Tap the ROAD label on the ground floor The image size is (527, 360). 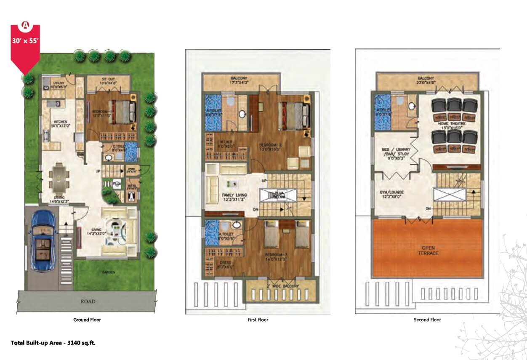pos(88,301)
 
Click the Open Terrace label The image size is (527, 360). pos(428,251)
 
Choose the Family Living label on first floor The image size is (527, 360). pos(234,197)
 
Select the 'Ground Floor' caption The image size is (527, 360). pos(87,320)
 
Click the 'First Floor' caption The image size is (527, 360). pos(258,320)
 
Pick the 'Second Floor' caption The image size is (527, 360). pos(427,320)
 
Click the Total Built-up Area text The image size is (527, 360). pos(53,343)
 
